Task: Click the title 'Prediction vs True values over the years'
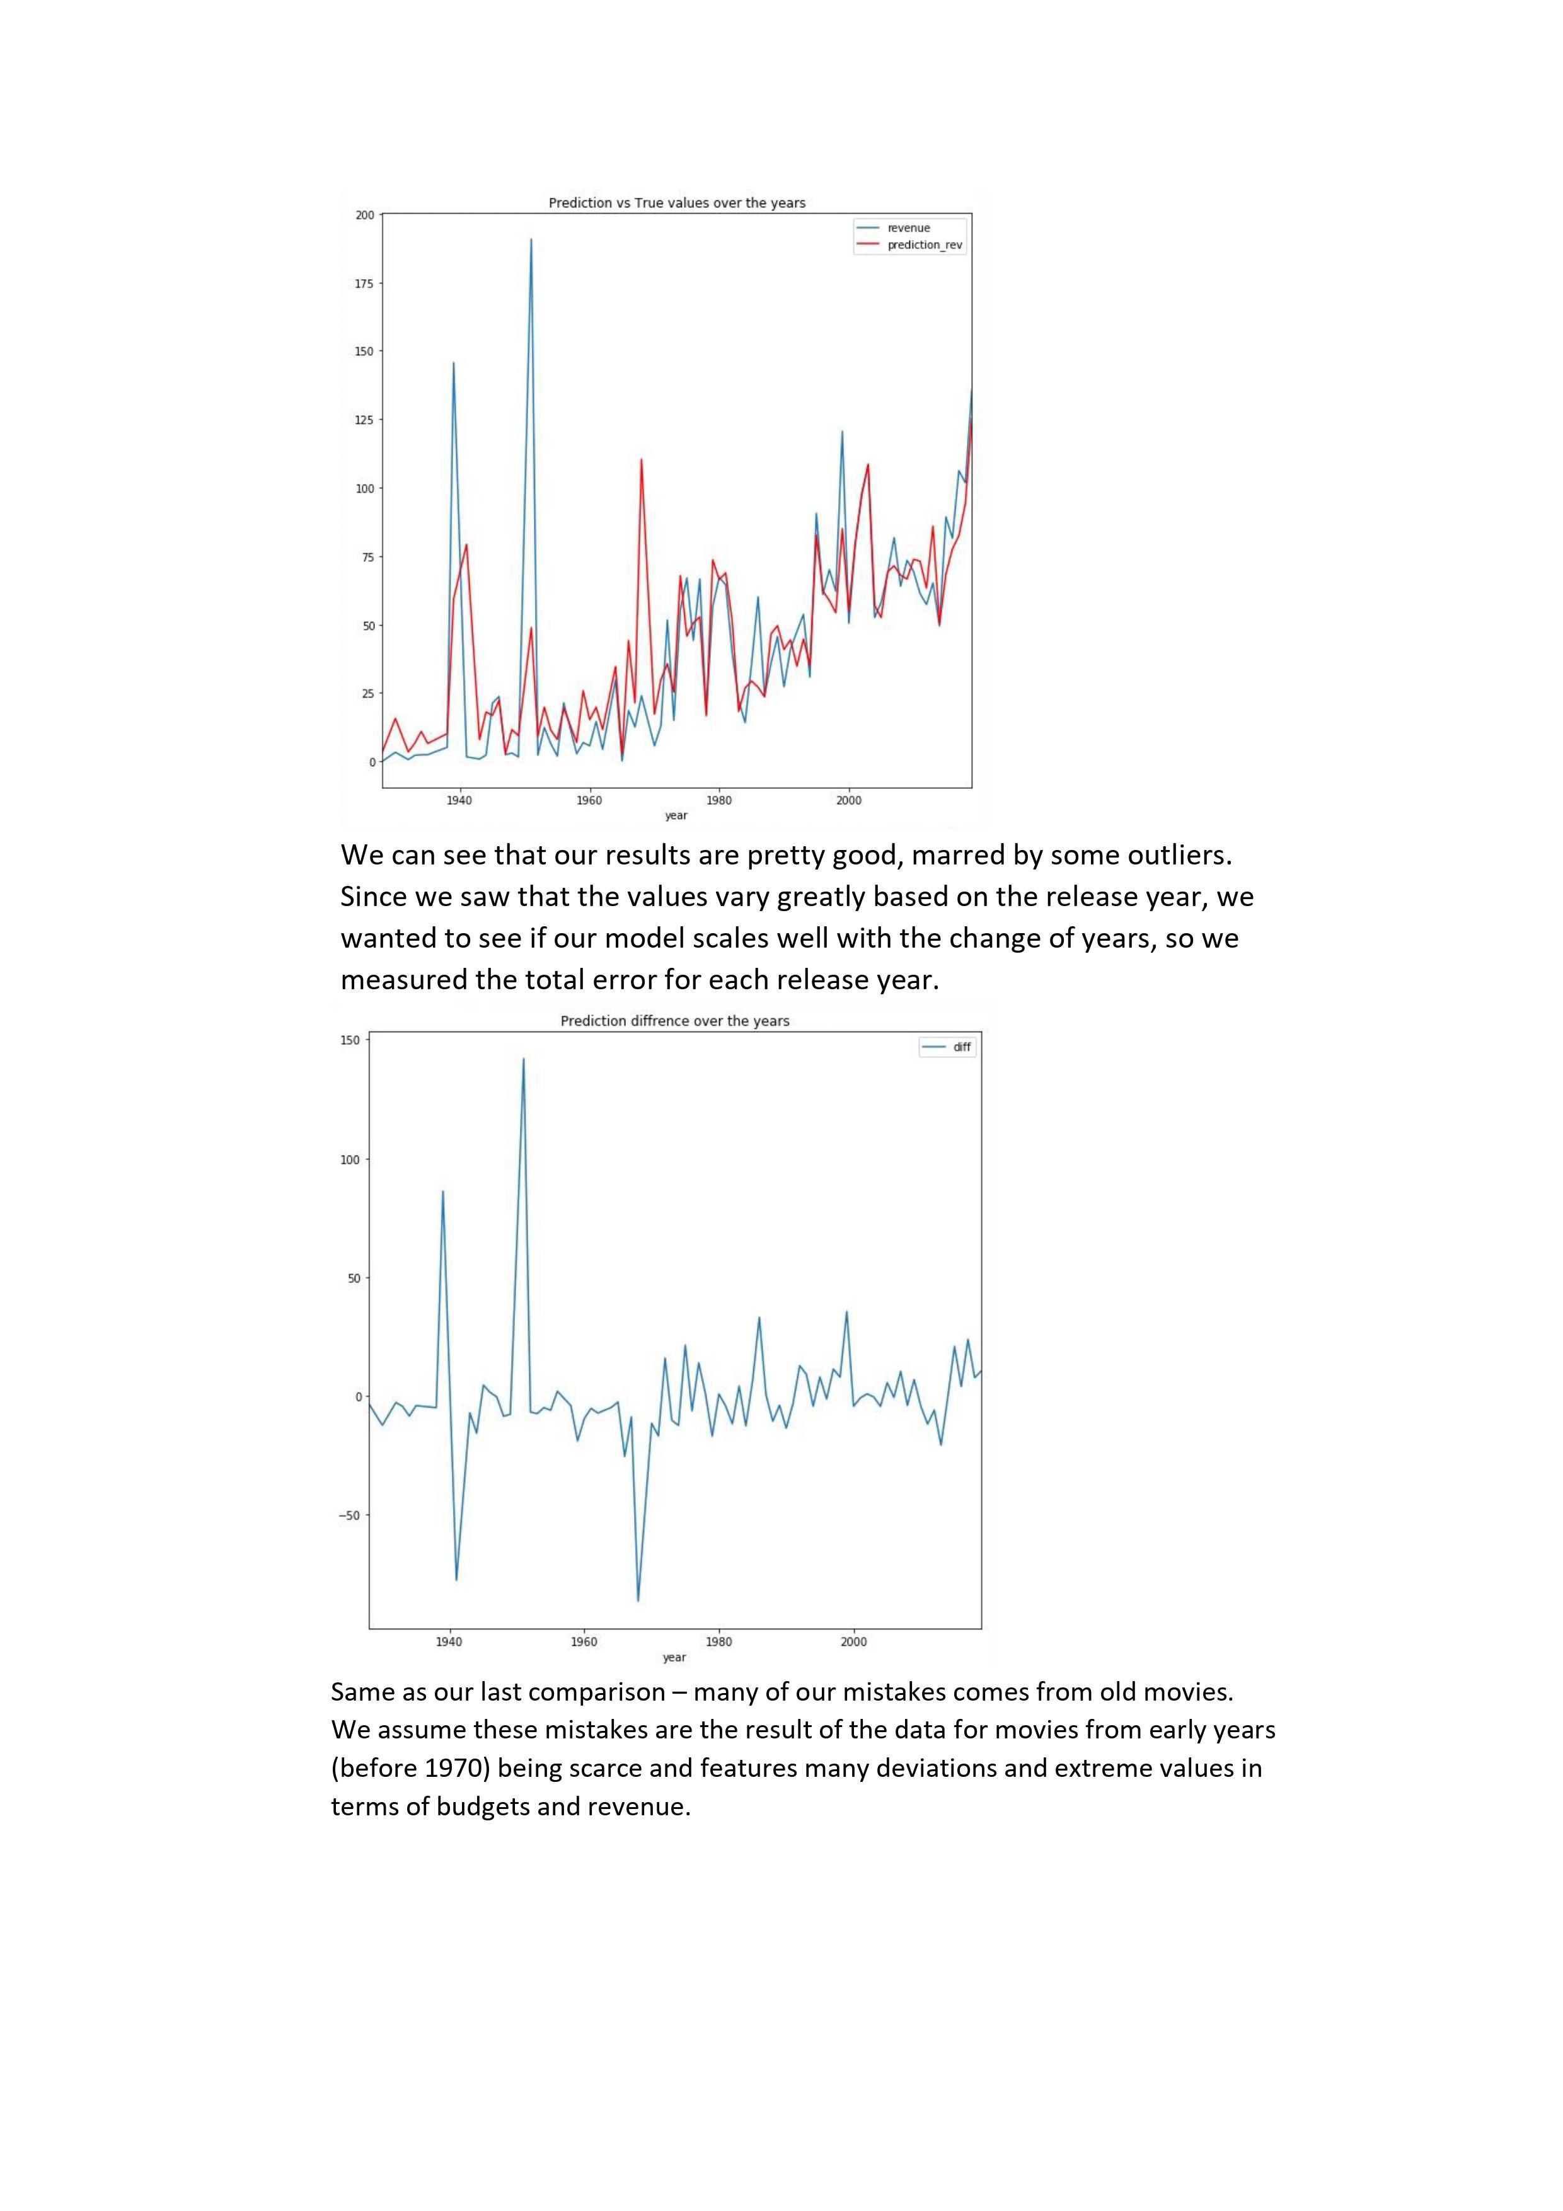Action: pos(676,203)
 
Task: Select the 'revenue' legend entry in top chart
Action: pos(908,228)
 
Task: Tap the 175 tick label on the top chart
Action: pos(365,283)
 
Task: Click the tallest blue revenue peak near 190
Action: pos(531,240)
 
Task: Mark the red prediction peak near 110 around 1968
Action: pos(642,461)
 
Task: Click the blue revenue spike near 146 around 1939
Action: pos(454,364)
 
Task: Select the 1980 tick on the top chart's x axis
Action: pos(718,800)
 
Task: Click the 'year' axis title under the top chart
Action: pos(676,815)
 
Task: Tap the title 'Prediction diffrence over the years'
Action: pos(674,1021)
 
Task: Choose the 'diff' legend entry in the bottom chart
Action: pos(961,1047)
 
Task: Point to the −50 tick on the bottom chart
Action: pos(349,1516)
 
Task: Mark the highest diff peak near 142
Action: pos(523,1059)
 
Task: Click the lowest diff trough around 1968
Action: pos(638,1600)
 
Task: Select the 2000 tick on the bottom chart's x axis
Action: pos(853,1642)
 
